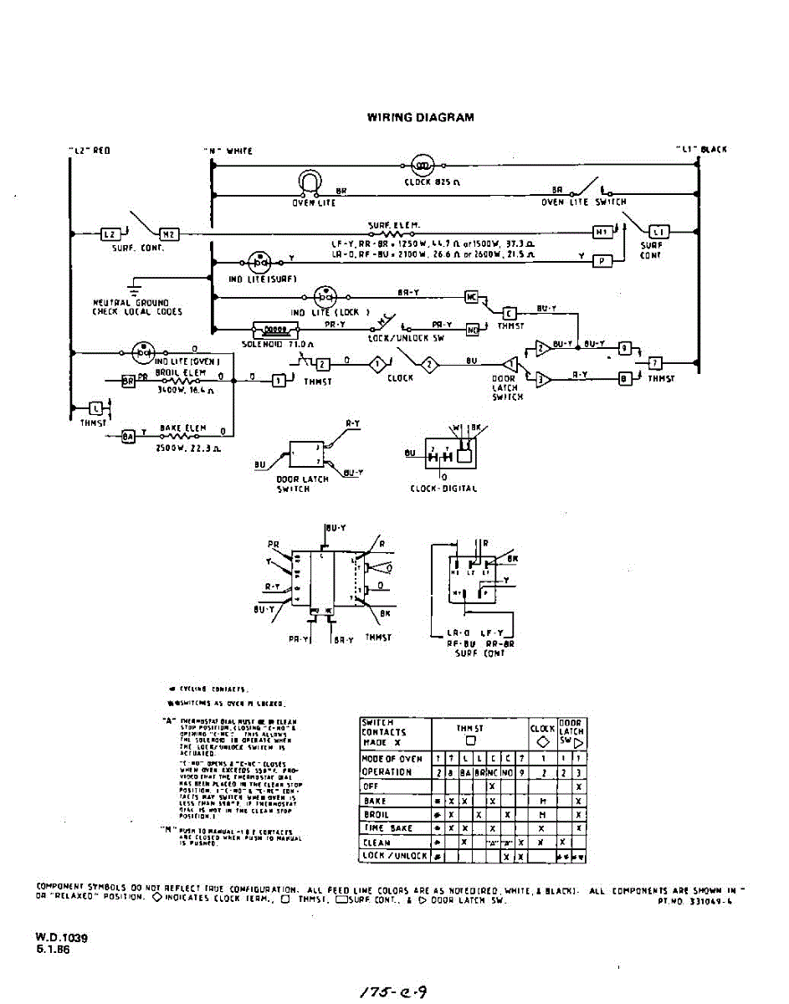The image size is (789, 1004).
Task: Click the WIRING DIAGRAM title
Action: coord(420,117)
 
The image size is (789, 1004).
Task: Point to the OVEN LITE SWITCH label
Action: coord(583,202)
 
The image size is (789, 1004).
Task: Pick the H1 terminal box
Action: coord(602,232)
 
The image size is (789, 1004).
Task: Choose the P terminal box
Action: coord(602,260)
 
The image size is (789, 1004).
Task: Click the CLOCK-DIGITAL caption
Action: coord(443,488)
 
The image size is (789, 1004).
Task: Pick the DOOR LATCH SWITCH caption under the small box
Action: coord(302,484)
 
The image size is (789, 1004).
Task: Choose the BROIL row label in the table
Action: coord(377,814)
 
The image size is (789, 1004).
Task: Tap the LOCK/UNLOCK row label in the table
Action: coord(394,855)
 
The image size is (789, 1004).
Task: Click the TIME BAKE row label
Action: coord(386,827)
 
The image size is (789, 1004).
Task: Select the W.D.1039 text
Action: coord(61,938)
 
